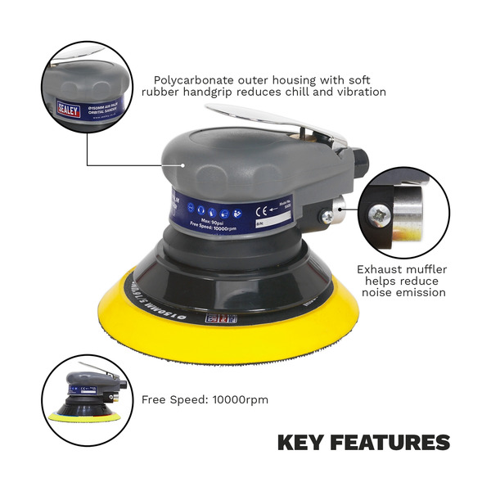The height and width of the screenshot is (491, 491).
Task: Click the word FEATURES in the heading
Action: click(x=391, y=443)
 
